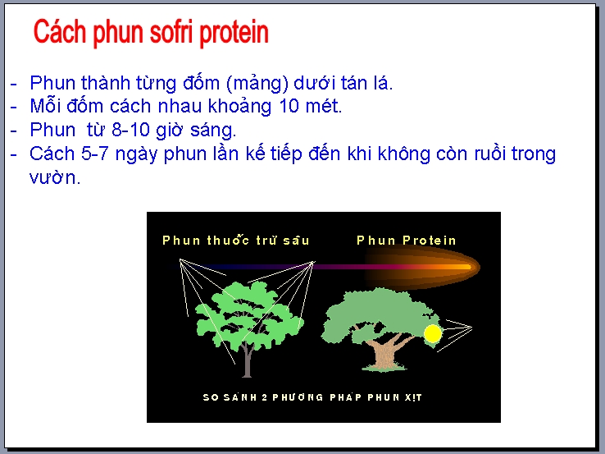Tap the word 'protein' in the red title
pyautogui.click(x=234, y=34)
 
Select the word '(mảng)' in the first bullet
pyautogui.click(x=257, y=84)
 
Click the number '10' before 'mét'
pyautogui.click(x=289, y=106)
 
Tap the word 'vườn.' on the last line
pyautogui.click(x=55, y=177)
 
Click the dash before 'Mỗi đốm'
pyautogui.click(x=14, y=107)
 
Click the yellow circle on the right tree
pyautogui.click(x=433, y=334)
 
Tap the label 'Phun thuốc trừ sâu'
pyautogui.click(x=236, y=240)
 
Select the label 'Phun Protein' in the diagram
pyautogui.click(x=407, y=241)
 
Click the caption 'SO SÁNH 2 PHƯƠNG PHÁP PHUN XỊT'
pyautogui.click(x=312, y=397)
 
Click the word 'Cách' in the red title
pyautogui.click(x=59, y=32)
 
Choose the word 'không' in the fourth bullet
pyautogui.click(x=403, y=154)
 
